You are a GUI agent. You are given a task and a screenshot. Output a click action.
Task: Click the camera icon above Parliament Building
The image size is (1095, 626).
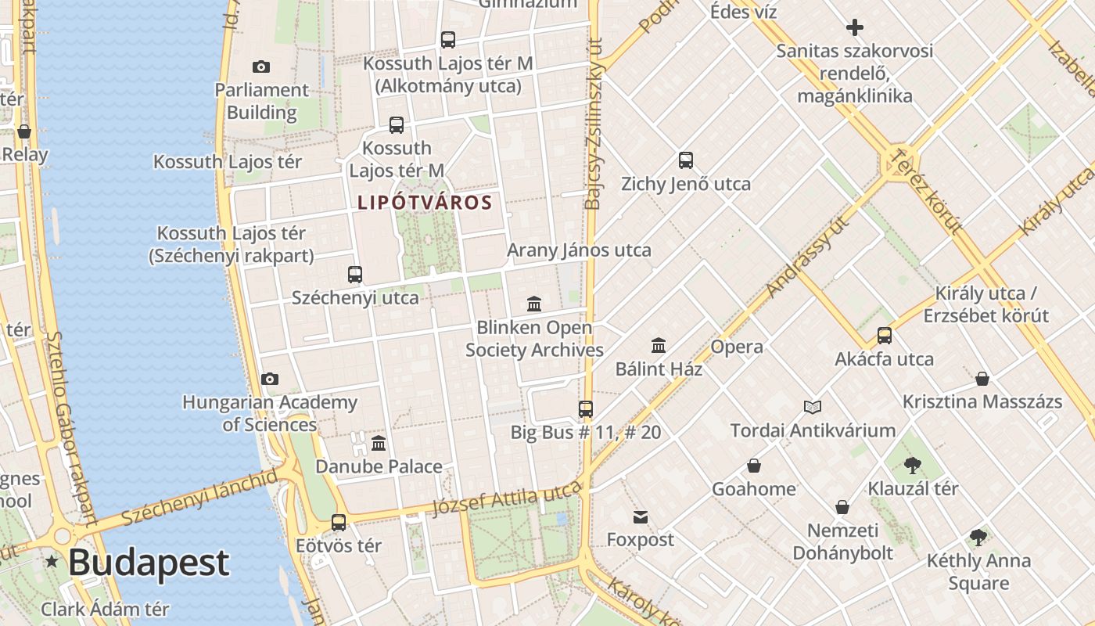(261, 67)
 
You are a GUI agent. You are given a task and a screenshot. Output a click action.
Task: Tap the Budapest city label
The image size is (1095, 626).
(149, 563)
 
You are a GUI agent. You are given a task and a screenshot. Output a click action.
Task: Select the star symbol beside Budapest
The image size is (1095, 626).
(52, 561)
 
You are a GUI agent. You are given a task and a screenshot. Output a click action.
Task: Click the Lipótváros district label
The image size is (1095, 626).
(425, 203)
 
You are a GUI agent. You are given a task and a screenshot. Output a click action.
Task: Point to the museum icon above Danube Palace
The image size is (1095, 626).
(379, 444)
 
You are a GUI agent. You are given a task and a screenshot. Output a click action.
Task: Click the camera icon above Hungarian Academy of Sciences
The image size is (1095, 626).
(270, 380)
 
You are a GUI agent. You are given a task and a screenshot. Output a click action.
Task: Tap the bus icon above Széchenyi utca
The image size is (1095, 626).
(355, 275)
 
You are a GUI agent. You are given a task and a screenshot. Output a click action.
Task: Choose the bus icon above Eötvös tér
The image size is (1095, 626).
(339, 523)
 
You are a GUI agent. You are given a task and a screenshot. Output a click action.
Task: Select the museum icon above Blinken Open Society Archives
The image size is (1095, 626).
(534, 304)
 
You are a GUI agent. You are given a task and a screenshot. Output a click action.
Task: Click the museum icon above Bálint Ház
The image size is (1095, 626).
(659, 345)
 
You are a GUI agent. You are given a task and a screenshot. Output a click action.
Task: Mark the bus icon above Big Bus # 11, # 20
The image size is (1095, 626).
(585, 408)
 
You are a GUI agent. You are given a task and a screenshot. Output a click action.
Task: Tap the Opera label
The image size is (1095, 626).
(736, 347)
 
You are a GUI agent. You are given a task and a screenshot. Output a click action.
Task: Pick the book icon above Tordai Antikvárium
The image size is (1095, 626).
(813, 407)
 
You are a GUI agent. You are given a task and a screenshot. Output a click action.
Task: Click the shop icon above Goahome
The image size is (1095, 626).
(753, 466)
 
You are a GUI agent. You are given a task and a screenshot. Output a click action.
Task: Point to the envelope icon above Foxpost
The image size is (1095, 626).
(641, 516)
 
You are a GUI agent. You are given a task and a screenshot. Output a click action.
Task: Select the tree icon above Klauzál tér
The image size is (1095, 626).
(912, 466)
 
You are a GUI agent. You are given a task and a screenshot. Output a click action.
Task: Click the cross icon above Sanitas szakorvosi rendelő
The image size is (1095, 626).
(855, 28)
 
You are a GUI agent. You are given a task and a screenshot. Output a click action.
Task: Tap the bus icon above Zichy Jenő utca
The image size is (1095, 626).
(686, 160)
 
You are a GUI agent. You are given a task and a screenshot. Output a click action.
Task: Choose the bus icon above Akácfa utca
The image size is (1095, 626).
(885, 336)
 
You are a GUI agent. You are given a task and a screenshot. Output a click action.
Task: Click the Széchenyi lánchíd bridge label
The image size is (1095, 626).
(199, 498)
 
